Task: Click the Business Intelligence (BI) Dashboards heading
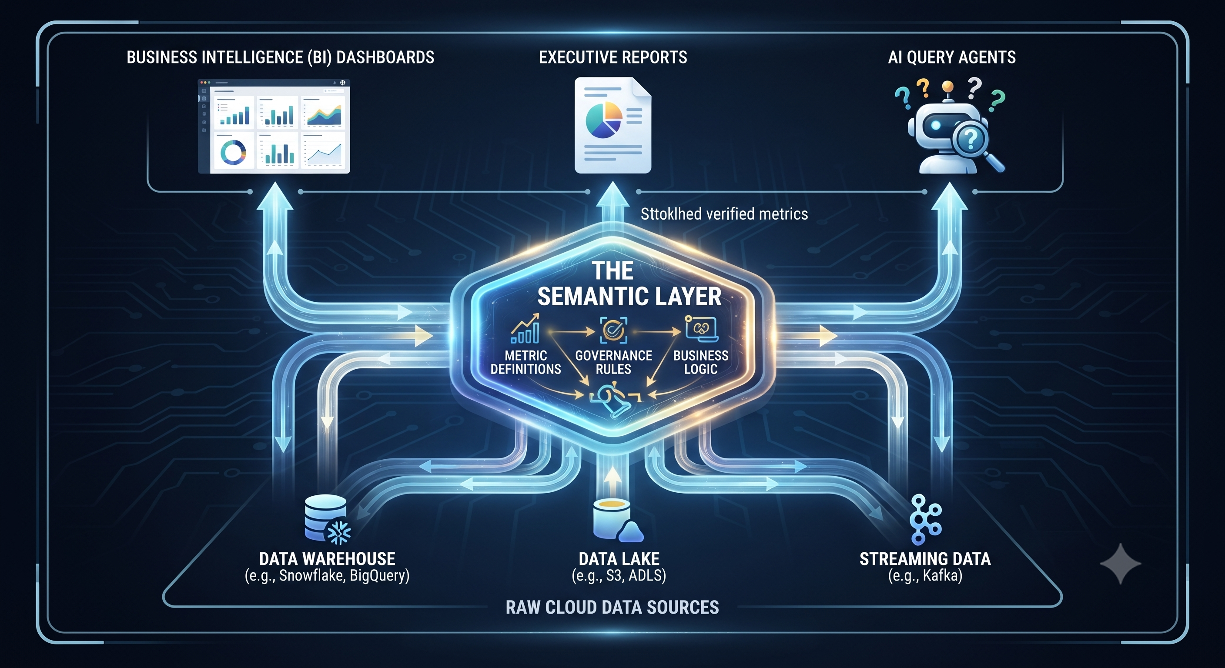click(280, 57)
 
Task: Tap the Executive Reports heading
click(612, 57)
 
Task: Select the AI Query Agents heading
click(951, 57)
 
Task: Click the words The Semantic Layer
click(629, 284)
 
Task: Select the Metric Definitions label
click(525, 362)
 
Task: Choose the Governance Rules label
click(613, 362)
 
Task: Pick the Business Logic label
click(700, 362)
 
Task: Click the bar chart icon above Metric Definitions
click(525, 328)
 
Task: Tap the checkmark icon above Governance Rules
click(613, 330)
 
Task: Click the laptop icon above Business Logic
click(701, 328)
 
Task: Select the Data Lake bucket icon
click(618, 521)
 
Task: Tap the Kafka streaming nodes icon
click(925, 519)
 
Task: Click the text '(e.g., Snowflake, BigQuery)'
click(327, 576)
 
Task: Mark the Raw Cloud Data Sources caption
click(612, 607)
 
